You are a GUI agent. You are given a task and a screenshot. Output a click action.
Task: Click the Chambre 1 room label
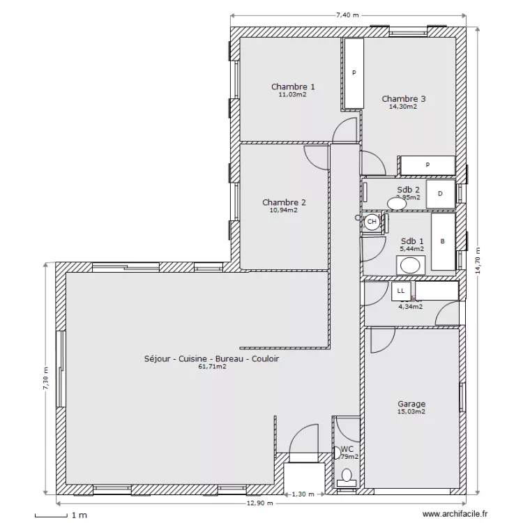[292, 86]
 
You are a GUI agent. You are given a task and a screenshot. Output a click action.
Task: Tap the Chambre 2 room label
[284, 202]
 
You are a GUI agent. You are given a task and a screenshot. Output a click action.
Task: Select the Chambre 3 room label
[404, 99]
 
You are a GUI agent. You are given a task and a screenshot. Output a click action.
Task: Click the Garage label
[411, 404]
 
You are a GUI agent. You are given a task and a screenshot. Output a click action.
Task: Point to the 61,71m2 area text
[212, 366]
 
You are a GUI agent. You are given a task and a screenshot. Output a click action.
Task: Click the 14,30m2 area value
[404, 107]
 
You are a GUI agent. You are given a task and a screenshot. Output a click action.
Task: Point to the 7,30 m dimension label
[46, 380]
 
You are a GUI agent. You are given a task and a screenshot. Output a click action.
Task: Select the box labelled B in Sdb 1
[442, 241]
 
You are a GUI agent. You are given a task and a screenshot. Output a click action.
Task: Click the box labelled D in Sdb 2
[440, 194]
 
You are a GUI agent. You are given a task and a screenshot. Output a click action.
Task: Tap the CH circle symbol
[372, 222]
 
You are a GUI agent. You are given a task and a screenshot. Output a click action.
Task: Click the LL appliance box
[400, 291]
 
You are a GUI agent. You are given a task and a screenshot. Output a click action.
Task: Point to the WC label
[347, 449]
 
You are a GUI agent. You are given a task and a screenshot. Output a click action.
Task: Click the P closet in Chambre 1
[354, 73]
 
